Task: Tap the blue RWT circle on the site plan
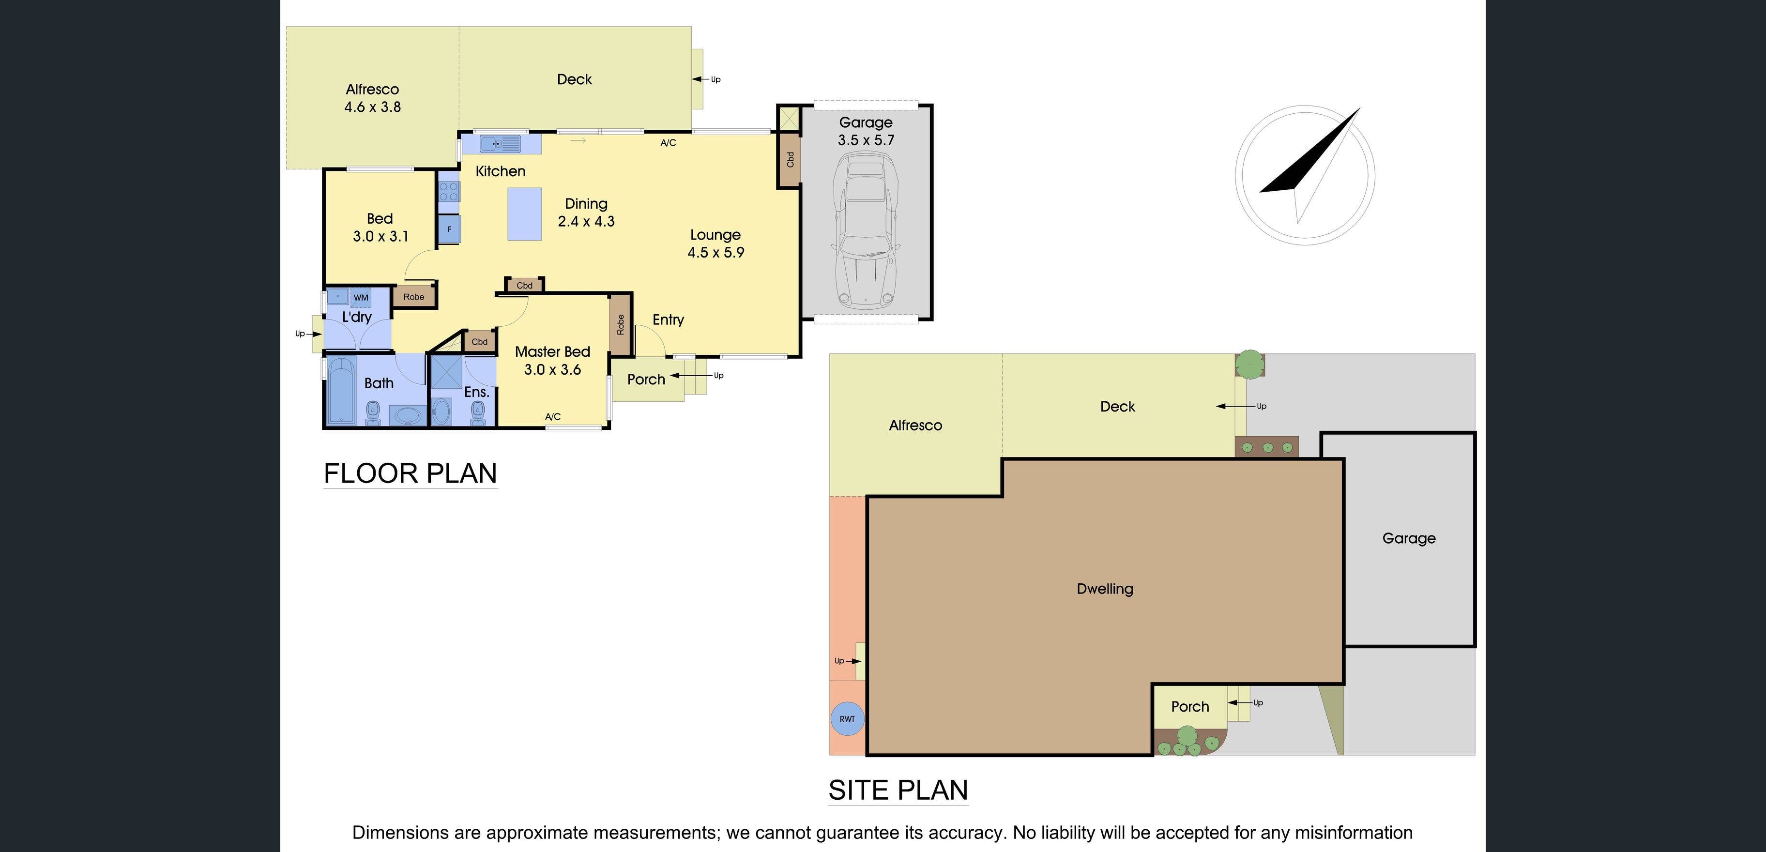pyautogui.click(x=847, y=718)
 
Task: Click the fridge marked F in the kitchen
pyautogui.click(x=450, y=229)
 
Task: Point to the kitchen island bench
pyautogui.click(x=524, y=214)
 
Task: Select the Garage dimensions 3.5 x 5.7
pyautogui.click(x=866, y=140)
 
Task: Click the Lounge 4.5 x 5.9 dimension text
pyautogui.click(x=716, y=252)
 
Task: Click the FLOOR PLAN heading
pyautogui.click(x=410, y=473)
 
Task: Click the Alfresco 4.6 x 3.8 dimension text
pyautogui.click(x=372, y=107)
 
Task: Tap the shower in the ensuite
pyautogui.click(x=446, y=372)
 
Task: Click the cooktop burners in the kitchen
pyautogui.click(x=449, y=191)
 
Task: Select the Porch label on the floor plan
pyautogui.click(x=646, y=380)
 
